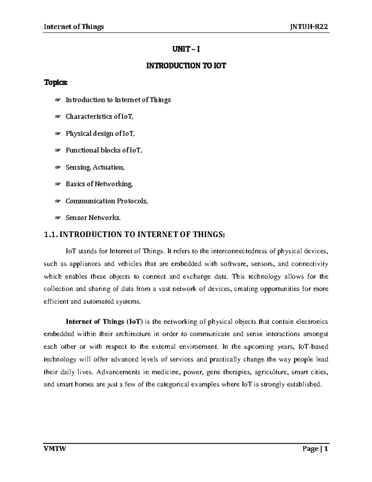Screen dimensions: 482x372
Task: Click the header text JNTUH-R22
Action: tap(309, 27)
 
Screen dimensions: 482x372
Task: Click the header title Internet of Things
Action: tap(74, 27)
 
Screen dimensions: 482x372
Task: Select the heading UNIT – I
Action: tap(186, 49)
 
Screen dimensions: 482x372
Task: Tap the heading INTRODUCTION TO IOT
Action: tap(186, 66)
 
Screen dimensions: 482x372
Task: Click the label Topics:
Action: tap(55, 83)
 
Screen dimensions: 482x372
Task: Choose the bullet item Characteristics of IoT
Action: tap(100, 117)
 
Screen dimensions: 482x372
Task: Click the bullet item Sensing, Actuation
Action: tap(95, 167)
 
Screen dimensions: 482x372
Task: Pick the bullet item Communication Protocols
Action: tap(107, 201)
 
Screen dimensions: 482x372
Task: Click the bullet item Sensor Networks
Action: tap(93, 218)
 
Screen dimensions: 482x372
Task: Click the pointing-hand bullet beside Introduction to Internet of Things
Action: tap(57, 100)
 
